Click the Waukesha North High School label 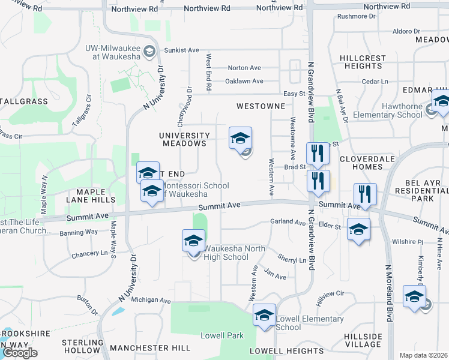click(x=226, y=253)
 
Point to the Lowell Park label click(x=222, y=335)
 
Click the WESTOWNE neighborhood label click(x=260, y=106)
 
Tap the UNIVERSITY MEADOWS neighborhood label click(x=184, y=140)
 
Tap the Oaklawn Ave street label click(x=244, y=81)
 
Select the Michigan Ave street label click(x=151, y=299)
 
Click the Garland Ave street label click(x=288, y=222)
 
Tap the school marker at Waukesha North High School click(x=193, y=241)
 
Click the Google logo click(x=20, y=353)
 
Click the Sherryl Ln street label click(x=292, y=260)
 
